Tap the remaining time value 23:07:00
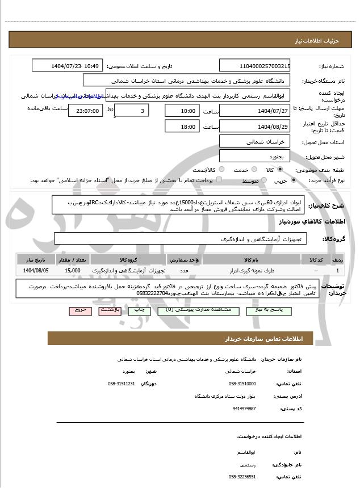coord(85,111)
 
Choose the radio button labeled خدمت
coord(254,170)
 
